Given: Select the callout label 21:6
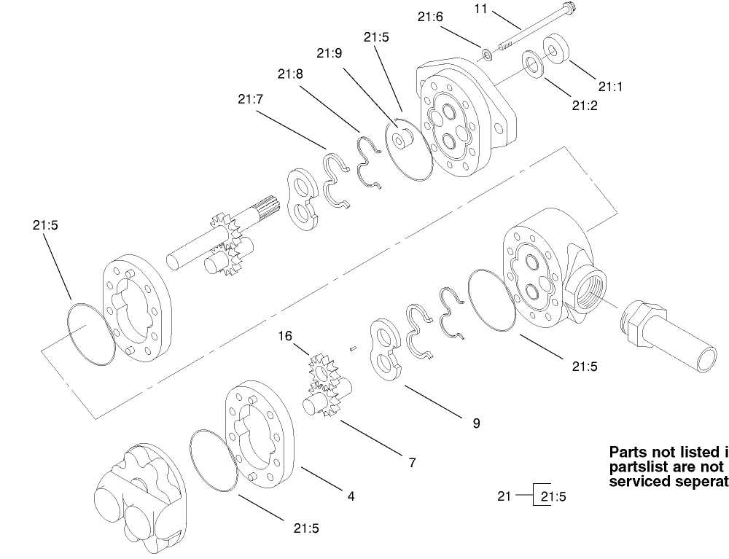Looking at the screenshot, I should [430, 17].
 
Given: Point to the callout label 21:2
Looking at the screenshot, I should [585, 106].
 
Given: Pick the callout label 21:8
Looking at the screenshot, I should [290, 73].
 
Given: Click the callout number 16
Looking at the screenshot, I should [285, 336].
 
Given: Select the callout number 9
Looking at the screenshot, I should [476, 423].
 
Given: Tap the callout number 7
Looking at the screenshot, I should [413, 463].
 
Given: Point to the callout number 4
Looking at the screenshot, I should [351, 496].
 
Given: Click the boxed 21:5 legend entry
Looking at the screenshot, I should [553, 497].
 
